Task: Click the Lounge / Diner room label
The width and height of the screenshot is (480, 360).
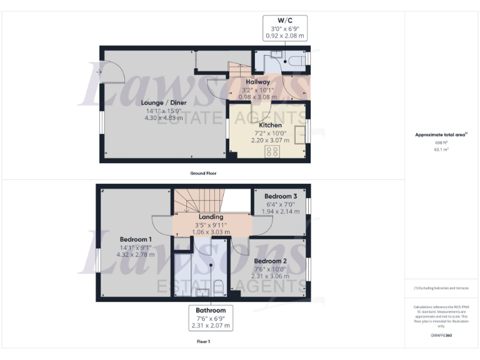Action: (x=162, y=102)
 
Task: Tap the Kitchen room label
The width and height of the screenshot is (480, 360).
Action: (x=267, y=125)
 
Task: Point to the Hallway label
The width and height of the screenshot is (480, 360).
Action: (x=257, y=82)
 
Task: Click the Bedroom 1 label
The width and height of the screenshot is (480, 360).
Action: (x=136, y=239)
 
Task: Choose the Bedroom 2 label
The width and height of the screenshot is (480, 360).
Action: (x=270, y=261)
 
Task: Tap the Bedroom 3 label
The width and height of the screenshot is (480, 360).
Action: (x=280, y=196)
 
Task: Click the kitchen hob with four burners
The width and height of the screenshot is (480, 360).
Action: (x=272, y=152)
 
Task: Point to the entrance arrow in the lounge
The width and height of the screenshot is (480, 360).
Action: (x=99, y=72)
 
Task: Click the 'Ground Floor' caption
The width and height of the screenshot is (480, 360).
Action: (x=203, y=173)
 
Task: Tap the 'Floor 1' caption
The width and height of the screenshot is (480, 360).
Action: (x=203, y=342)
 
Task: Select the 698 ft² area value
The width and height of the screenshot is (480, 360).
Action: (x=442, y=142)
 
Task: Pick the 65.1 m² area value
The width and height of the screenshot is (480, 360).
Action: (x=442, y=150)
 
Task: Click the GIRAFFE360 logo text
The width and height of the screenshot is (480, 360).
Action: (x=441, y=336)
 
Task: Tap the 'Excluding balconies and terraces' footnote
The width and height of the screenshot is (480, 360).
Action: (x=441, y=287)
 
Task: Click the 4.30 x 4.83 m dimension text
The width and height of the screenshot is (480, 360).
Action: (x=163, y=117)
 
